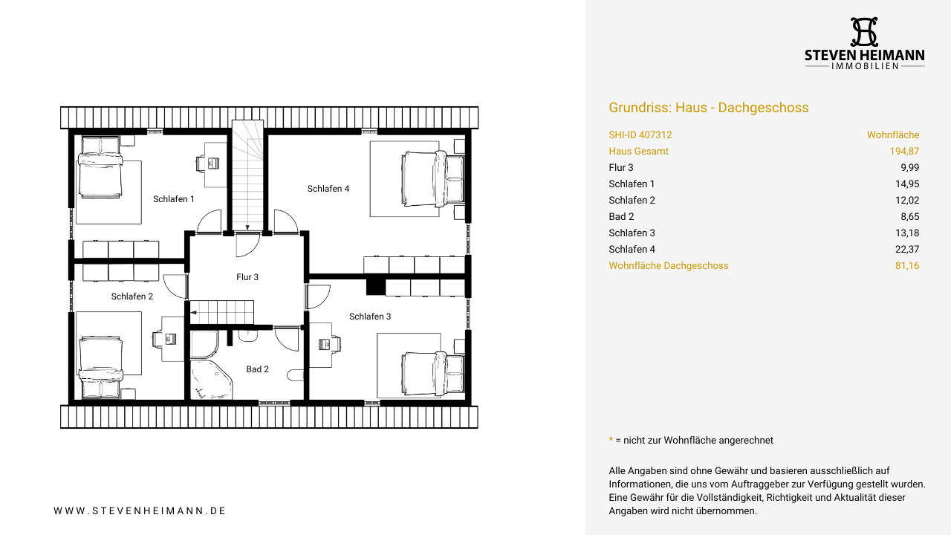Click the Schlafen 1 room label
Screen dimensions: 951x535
point(174,199)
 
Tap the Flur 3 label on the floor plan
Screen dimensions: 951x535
point(247,277)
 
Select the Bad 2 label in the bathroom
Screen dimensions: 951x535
point(257,369)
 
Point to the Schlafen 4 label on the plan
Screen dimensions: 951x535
point(328,189)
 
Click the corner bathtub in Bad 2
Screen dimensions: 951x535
point(210,379)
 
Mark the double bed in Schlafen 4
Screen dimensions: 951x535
point(433,179)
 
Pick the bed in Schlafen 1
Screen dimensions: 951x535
point(100,167)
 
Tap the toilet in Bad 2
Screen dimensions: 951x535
point(296,375)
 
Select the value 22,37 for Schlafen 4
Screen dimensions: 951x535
point(907,249)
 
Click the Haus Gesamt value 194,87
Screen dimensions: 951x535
point(904,151)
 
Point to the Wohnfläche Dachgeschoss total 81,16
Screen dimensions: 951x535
point(907,266)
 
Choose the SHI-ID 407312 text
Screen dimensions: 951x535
point(640,135)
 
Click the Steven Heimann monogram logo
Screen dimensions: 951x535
point(864,32)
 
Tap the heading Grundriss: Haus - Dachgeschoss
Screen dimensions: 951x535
point(709,108)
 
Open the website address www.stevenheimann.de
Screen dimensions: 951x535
point(140,510)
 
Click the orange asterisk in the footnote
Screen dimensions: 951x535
point(611,439)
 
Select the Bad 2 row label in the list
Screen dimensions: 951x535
point(621,216)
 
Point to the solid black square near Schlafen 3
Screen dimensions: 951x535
point(375,287)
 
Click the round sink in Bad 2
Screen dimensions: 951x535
point(247,336)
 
